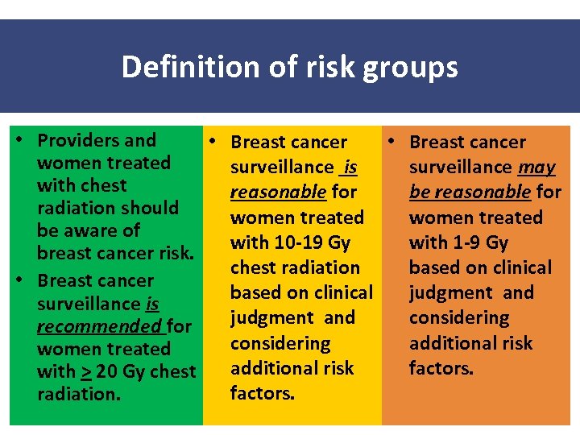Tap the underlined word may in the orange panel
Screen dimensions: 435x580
coord(536,168)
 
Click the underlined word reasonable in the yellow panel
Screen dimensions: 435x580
coord(278,193)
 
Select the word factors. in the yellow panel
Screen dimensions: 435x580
coord(263,394)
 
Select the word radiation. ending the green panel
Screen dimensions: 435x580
coord(77,395)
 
